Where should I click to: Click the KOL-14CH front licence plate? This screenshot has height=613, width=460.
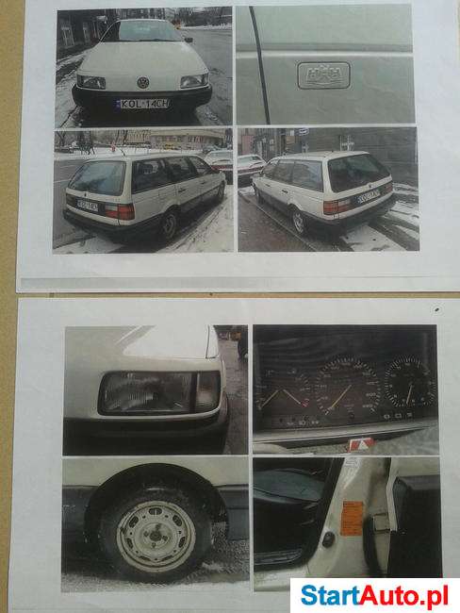coord(142,103)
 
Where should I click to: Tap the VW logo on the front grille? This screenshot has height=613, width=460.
coord(143,82)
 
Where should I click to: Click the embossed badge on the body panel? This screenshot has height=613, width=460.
coord(322,75)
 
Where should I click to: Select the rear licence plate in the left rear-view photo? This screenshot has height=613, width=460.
coord(87,203)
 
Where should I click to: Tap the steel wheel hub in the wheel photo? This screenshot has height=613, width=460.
coord(154,535)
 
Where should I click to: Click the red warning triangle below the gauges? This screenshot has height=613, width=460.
coord(361,443)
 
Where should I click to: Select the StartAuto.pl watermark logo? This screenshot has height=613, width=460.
coord(374,595)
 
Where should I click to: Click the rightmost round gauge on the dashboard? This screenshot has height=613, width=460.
coord(409,381)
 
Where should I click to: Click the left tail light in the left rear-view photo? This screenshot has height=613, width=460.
coord(119,211)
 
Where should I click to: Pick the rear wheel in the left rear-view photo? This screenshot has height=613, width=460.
coord(168,224)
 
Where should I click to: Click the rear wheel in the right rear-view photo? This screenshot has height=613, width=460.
coord(298,221)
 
